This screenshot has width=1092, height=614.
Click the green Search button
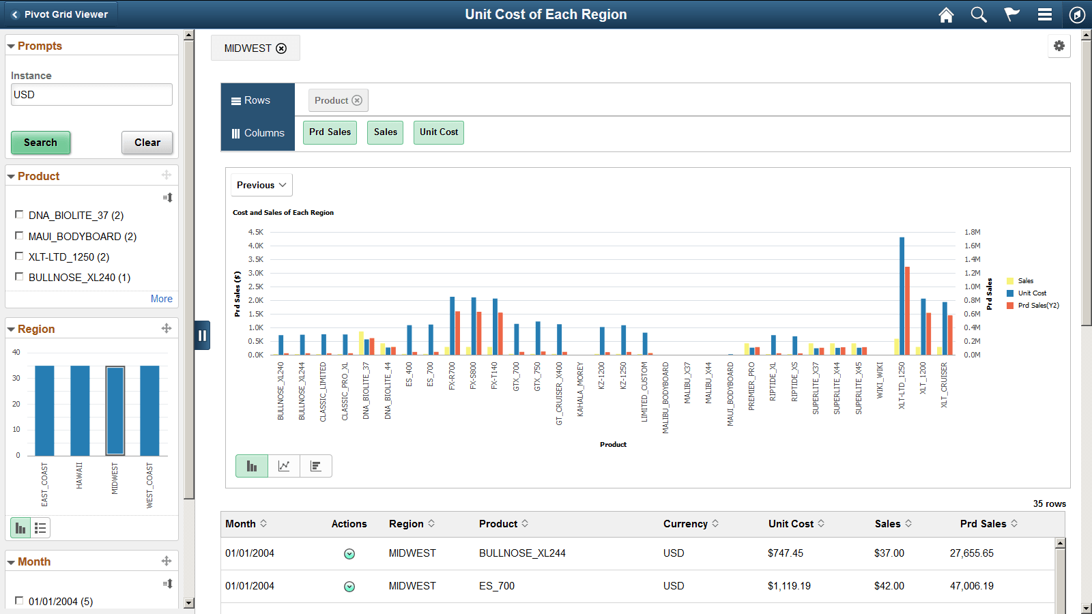(40, 143)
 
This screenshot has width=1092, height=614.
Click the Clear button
(147, 143)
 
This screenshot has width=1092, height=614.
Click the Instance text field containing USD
(91, 95)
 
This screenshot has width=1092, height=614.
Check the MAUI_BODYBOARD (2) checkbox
(19, 236)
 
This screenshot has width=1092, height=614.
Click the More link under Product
(161, 299)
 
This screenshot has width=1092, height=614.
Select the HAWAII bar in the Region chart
(80, 410)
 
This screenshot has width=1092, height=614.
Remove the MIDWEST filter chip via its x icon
(281, 48)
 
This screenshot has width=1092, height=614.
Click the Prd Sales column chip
(330, 132)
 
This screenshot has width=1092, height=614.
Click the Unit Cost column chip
(438, 132)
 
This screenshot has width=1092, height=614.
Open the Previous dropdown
(261, 185)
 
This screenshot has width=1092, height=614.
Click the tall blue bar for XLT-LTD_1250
(902, 297)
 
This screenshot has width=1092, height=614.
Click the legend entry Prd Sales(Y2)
(1037, 306)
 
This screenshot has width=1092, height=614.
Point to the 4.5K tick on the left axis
(256, 232)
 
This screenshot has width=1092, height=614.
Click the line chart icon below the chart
(284, 466)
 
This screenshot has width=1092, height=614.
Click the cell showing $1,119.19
(789, 586)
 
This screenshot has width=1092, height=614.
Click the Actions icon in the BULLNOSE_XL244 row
(349, 554)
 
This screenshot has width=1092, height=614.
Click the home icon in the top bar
(946, 15)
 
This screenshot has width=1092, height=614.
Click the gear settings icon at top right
(1059, 46)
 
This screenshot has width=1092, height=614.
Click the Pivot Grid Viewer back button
(59, 14)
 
